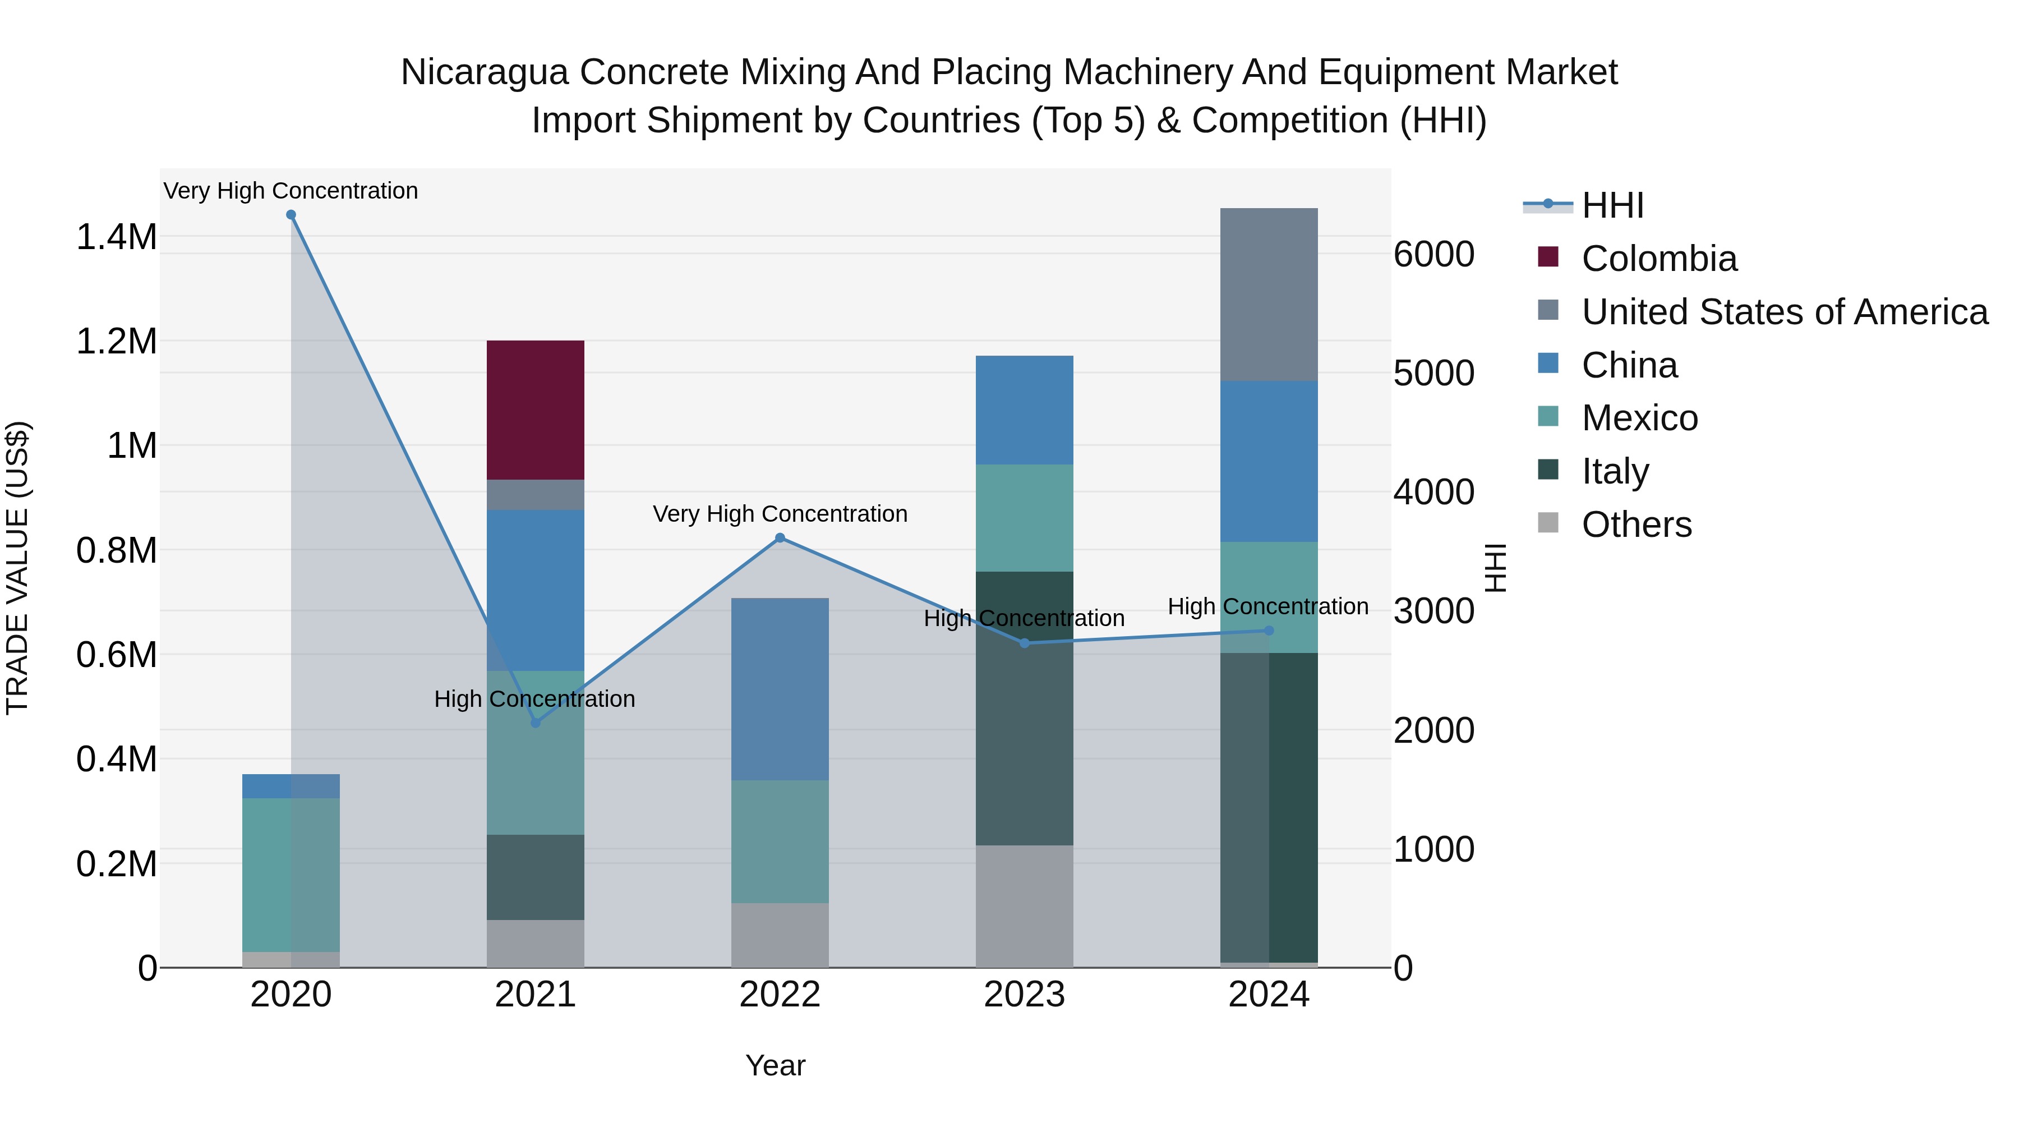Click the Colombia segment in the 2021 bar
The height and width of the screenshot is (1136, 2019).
click(536, 410)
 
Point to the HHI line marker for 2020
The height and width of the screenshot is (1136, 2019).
click(291, 215)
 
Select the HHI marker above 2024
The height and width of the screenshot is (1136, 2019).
click(1269, 631)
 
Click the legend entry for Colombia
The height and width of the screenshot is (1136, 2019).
click(1658, 259)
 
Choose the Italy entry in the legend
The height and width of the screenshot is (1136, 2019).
click(1615, 471)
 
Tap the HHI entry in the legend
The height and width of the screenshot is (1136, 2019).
click(1611, 205)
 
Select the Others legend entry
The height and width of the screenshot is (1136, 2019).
click(1636, 525)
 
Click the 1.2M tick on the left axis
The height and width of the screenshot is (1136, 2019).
click(116, 342)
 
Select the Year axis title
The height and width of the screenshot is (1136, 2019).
click(775, 1065)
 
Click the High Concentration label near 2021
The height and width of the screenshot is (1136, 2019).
click(534, 698)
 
